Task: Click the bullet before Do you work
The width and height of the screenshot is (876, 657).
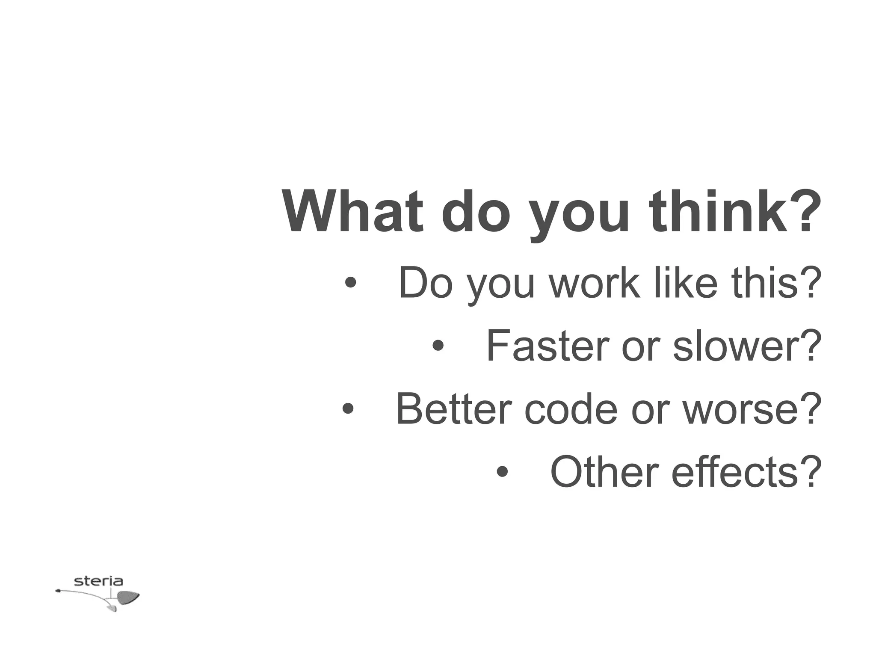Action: [x=350, y=283]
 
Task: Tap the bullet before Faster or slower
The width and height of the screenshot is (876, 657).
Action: [x=438, y=346]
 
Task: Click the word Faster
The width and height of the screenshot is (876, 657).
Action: [x=547, y=346]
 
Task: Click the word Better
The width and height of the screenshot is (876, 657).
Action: [x=454, y=409]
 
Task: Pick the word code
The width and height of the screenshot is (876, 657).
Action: [x=571, y=409]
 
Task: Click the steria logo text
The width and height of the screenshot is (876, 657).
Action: [x=98, y=581]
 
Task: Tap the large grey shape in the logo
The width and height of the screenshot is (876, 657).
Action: [x=127, y=597]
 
